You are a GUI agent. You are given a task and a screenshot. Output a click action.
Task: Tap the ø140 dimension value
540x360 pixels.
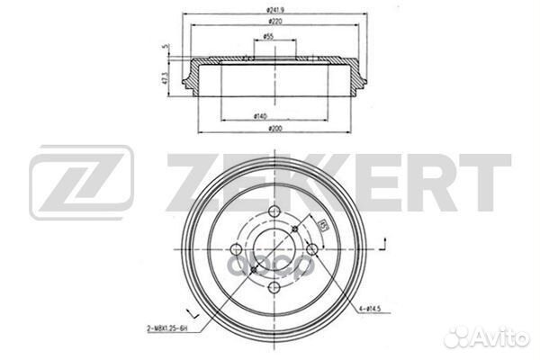[260, 117]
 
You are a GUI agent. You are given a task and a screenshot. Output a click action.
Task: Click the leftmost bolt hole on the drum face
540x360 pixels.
[237, 249]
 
